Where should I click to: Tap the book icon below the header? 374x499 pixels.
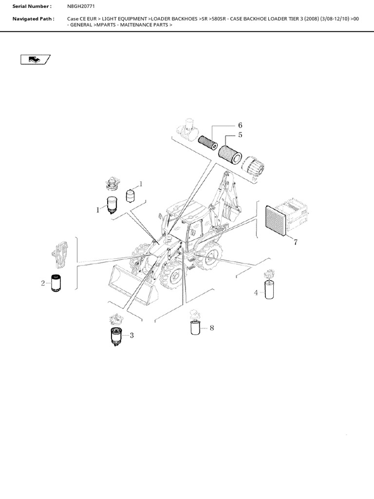click(x=36, y=59)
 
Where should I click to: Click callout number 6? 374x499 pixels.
click(x=240, y=125)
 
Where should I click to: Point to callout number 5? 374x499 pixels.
click(x=240, y=135)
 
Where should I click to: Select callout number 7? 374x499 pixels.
click(x=295, y=242)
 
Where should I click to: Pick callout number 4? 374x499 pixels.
click(x=256, y=292)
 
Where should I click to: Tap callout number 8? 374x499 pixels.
click(x=211, y=328)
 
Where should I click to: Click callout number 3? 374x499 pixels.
click(x=131, y=335)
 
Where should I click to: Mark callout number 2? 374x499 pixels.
click(x=43, y=283)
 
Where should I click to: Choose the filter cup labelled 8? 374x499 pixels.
click(x=195, y=327)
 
